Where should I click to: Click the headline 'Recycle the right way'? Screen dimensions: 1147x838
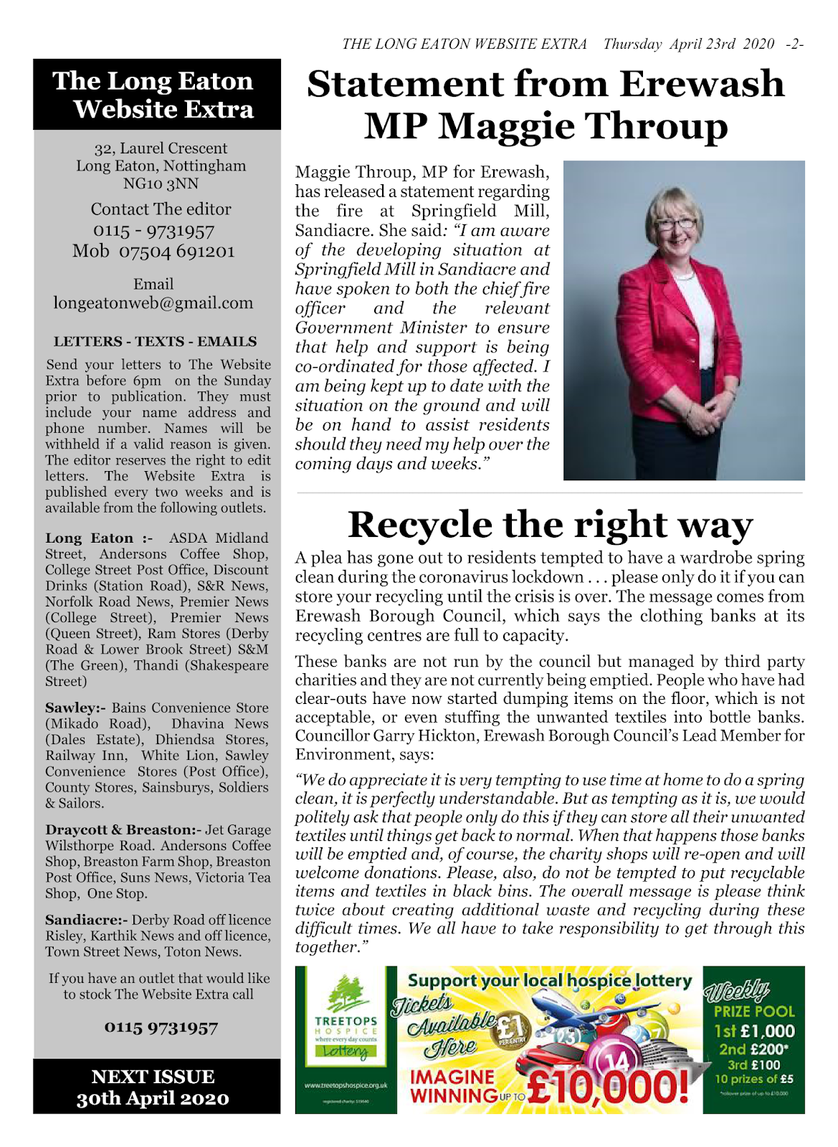tap(550, 525)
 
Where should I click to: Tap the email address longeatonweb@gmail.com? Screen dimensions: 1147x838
tap(153, 303)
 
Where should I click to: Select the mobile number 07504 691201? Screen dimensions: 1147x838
tap(176, 252)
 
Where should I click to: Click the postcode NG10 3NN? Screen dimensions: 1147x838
tap(161, 184)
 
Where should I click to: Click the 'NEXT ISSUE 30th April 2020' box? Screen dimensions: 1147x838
tap(153, 1087)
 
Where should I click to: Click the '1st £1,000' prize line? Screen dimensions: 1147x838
tap(753, 1031)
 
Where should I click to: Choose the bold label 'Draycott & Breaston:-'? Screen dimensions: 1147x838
tap(123, 830)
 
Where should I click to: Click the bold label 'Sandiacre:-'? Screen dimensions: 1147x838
tap(86, 920)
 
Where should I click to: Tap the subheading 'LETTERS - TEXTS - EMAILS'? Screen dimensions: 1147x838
tap(155, 342)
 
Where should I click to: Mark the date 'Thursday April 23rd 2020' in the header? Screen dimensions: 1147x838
tap(688, 44)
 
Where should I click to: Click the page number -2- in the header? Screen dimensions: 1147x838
tap(794, 44)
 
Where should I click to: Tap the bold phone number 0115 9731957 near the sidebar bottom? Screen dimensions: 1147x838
tap(161, 1027)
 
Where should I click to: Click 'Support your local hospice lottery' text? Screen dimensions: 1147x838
tap(550, 980)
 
